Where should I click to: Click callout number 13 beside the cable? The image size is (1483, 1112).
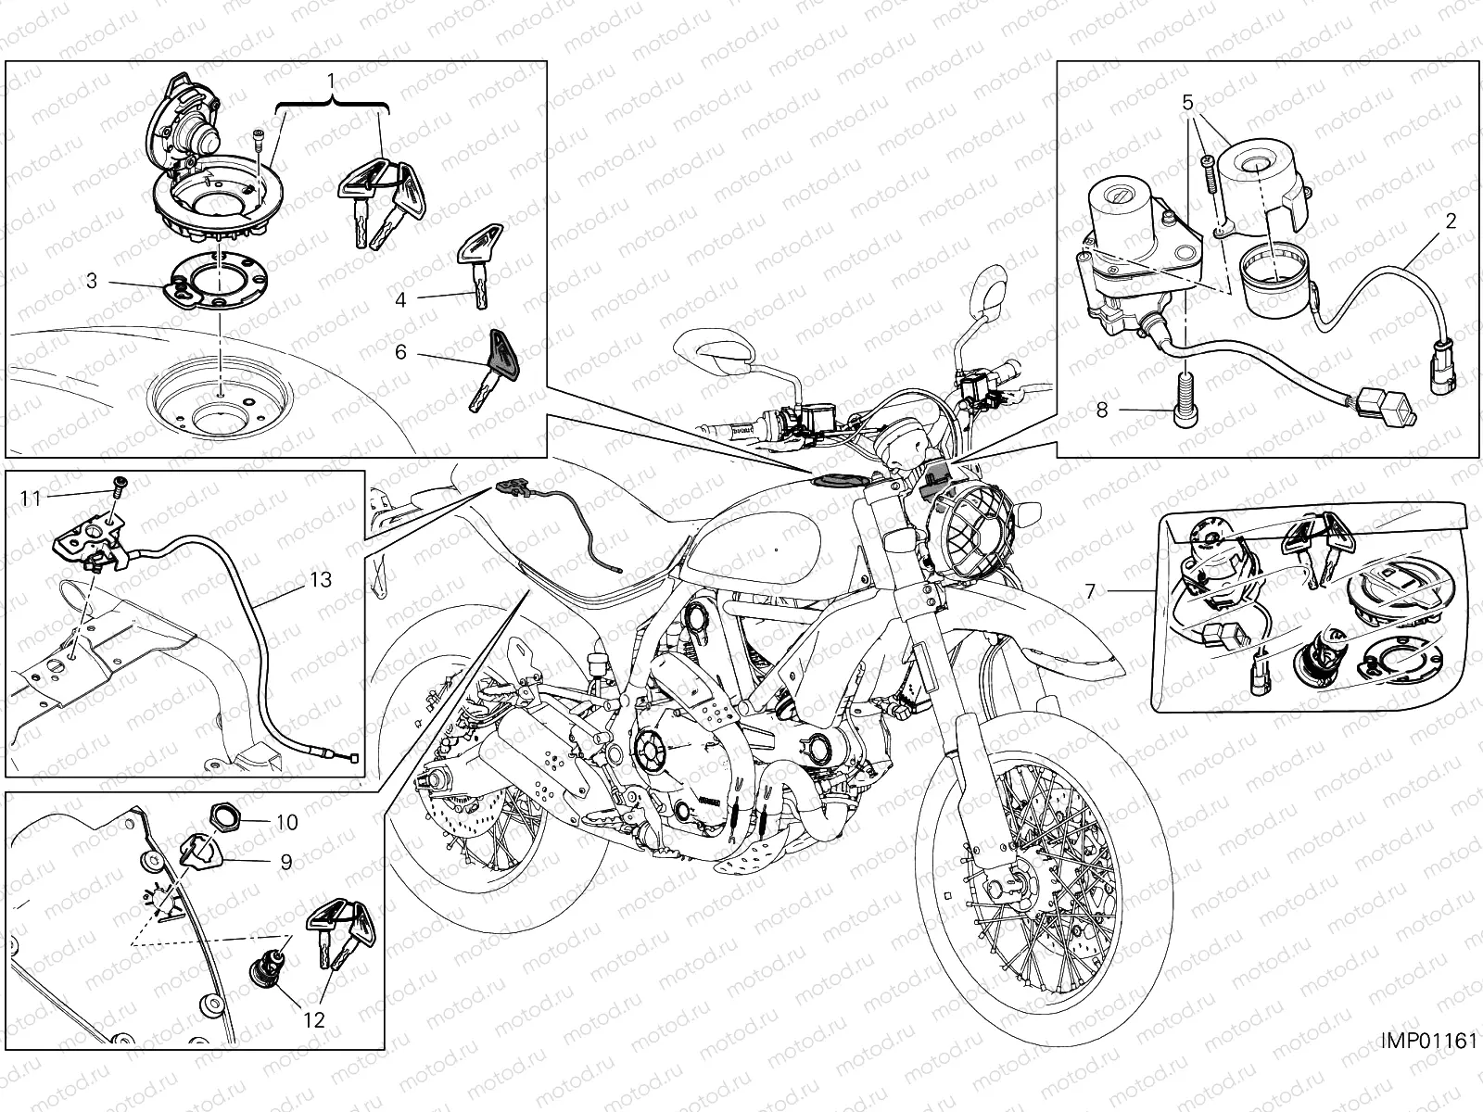320,580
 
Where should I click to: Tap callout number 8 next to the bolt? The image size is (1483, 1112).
1102,409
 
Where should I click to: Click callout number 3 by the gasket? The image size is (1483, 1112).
92,280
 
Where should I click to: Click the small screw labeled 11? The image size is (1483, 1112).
120,482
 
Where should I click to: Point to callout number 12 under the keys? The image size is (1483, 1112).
315,1019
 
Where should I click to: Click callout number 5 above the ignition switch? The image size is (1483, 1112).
1186,103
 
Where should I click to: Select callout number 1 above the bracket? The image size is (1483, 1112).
332,81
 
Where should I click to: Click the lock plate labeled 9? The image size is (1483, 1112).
196,848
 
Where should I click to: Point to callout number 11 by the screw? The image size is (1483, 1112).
32,499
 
